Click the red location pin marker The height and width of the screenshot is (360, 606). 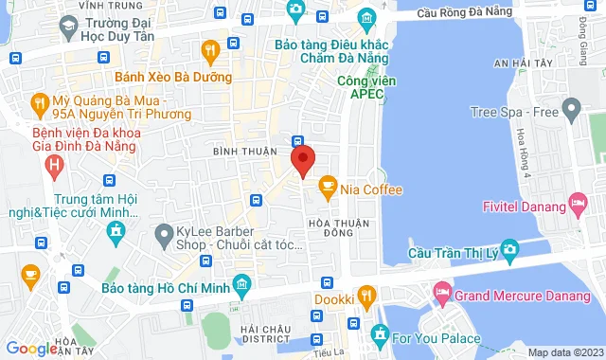(x=302, y=160)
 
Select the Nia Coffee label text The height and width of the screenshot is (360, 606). (x=372, y=189)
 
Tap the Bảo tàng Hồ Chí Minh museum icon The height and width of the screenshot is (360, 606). (x=242, y=284)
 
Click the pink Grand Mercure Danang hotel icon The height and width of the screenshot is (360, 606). (x=438, y=290)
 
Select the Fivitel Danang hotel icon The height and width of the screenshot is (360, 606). (x=577, y=202)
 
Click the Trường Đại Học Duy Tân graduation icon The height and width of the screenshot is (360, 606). (x=66, y=28)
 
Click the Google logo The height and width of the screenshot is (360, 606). (x=30, y=348)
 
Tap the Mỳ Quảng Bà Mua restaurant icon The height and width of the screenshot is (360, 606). (x=39, y=100)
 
